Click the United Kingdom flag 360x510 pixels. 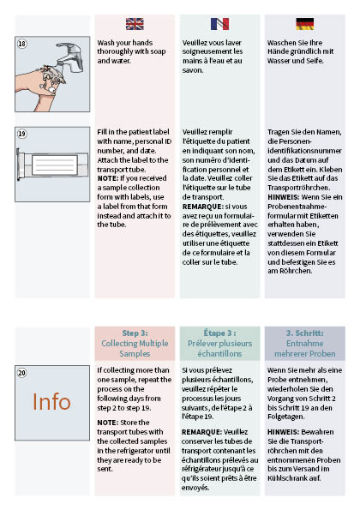point(135,24)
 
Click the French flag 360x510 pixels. point(219,24)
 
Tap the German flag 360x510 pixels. point(303,24)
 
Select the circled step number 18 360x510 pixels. point(22,42)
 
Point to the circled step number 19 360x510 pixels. point(22,135)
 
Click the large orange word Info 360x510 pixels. point(52,401)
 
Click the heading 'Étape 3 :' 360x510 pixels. point(220,333)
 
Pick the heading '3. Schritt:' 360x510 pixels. point(304,333)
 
